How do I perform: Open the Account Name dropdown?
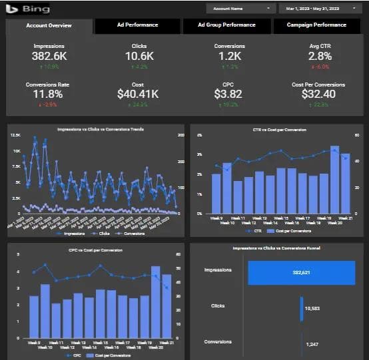(240, 9)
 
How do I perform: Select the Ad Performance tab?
(137, 25)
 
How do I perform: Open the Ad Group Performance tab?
(226, 25)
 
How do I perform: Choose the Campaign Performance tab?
(316, 25)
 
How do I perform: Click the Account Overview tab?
(49, 25)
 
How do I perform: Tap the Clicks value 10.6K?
(139, 57)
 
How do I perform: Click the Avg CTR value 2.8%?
(320, 57)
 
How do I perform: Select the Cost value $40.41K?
(139, 94)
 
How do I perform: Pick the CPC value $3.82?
(229, 94)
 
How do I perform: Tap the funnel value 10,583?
(312, 309)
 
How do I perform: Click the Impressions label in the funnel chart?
(218, 271)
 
